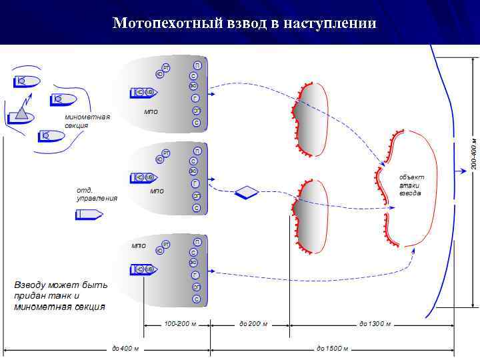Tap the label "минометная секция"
pos(87,121)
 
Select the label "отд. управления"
pos(97,194)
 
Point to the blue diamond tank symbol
pos(247,193)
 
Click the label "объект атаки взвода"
pos(411,185)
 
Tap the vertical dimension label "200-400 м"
pos(473,153)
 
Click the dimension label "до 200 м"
pos(253,324)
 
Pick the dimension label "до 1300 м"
pos(375,324)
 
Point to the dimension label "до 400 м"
pos(125,348)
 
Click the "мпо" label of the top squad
pos(151,111)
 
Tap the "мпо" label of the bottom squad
pos(138,245)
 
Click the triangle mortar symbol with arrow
pos(22,112)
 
